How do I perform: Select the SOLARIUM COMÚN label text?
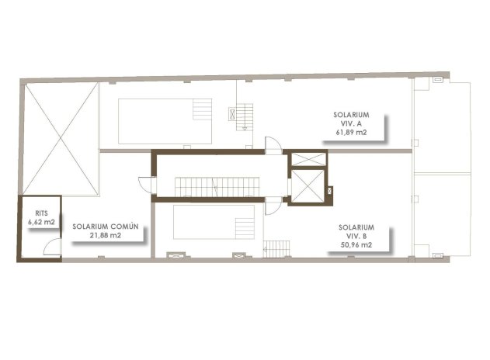[x=106, y=227]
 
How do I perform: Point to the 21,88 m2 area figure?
[x=106, y=235]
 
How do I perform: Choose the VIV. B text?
[x=356, y=237]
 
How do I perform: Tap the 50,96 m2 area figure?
[x=356, y=245]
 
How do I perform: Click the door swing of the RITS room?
[x=50, y=247]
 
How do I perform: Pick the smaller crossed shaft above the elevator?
[x=308, y=160]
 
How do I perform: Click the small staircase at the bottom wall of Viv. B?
[x=277, y=249]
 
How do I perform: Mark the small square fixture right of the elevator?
[x=331, y=191]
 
